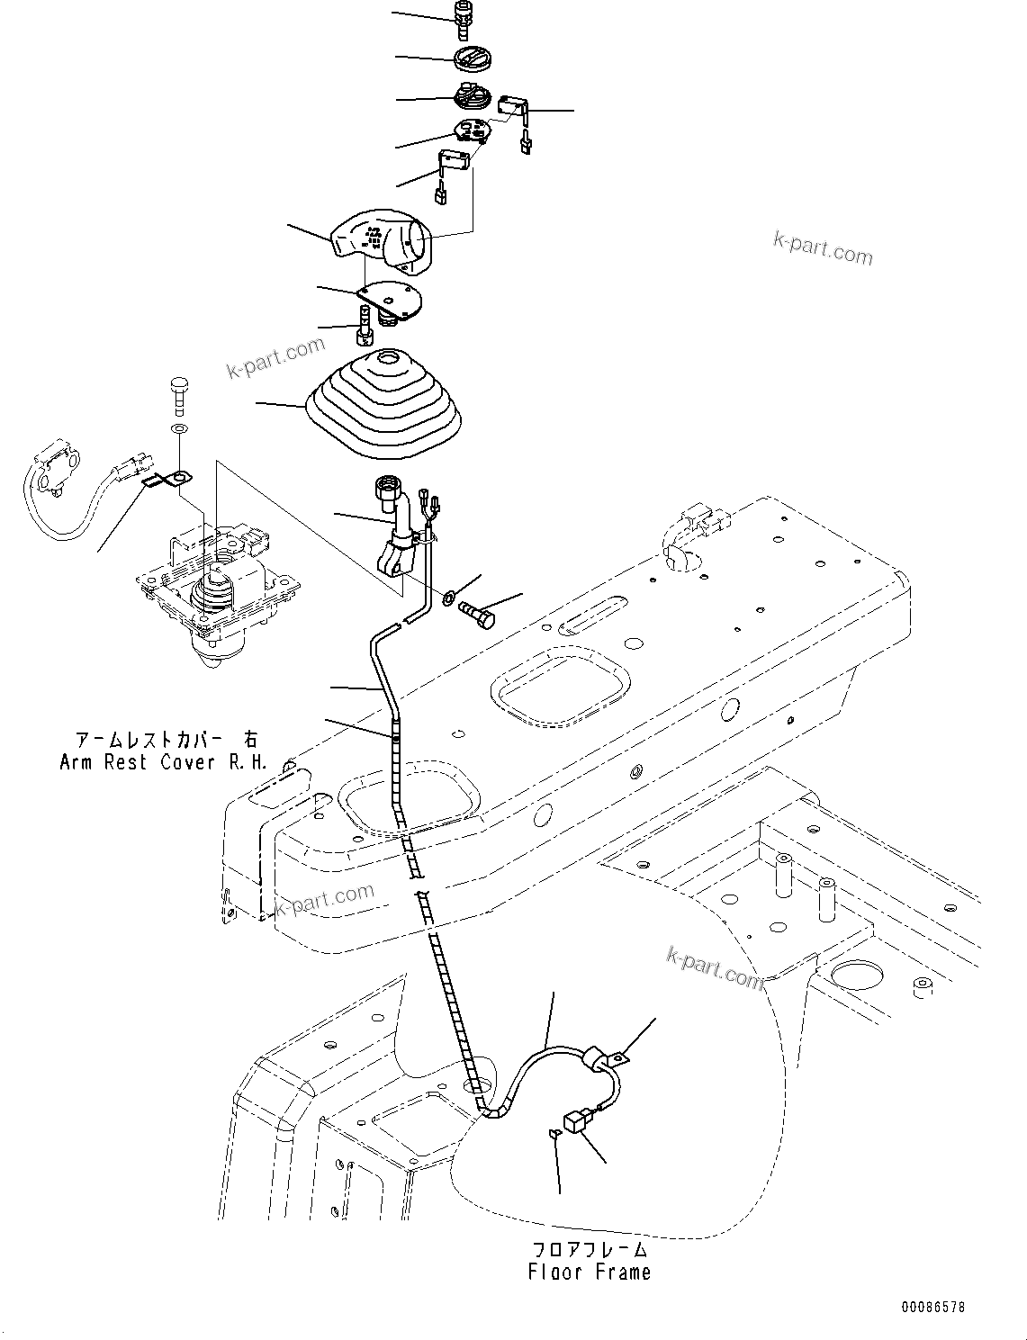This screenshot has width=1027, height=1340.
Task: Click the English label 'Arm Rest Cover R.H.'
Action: (x=163, y=762)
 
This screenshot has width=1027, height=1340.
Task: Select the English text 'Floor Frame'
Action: (x=590, y=1272)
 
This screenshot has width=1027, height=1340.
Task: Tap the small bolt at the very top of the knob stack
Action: (x=464, y=19)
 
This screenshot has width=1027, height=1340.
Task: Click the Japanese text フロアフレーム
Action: (x=590, y=1249)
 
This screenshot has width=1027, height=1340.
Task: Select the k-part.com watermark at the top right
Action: (x=823, y=247)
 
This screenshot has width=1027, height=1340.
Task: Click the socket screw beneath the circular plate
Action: (x=364, y=325)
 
